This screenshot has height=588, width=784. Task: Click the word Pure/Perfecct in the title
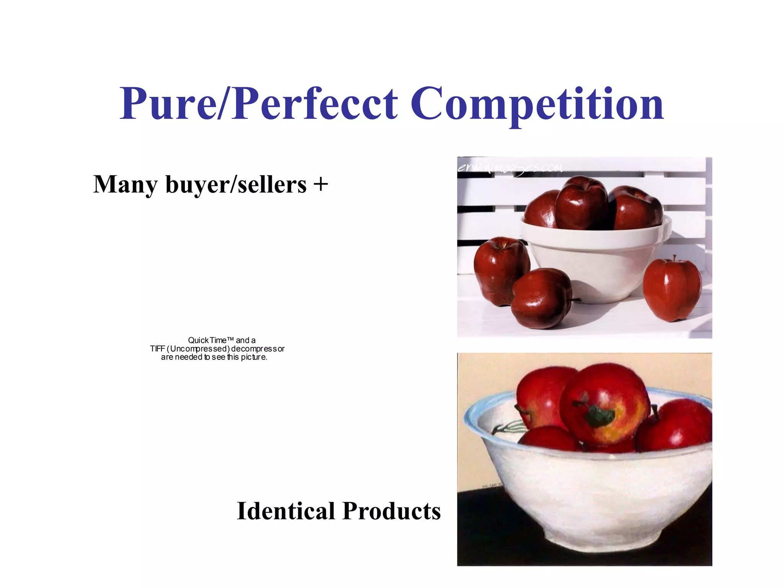tap(259, 104)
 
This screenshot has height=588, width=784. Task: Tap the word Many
tap(125, 185)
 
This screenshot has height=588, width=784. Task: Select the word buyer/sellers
tap(236, 185)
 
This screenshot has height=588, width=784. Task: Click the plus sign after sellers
tap(321, 184)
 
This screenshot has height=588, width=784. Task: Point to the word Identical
tap(286, 511)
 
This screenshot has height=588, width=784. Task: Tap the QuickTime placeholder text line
tap(222, 340)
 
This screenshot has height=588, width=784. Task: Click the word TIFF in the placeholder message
tap(157, 349)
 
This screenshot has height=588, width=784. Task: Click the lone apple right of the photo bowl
tap(672, 289)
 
